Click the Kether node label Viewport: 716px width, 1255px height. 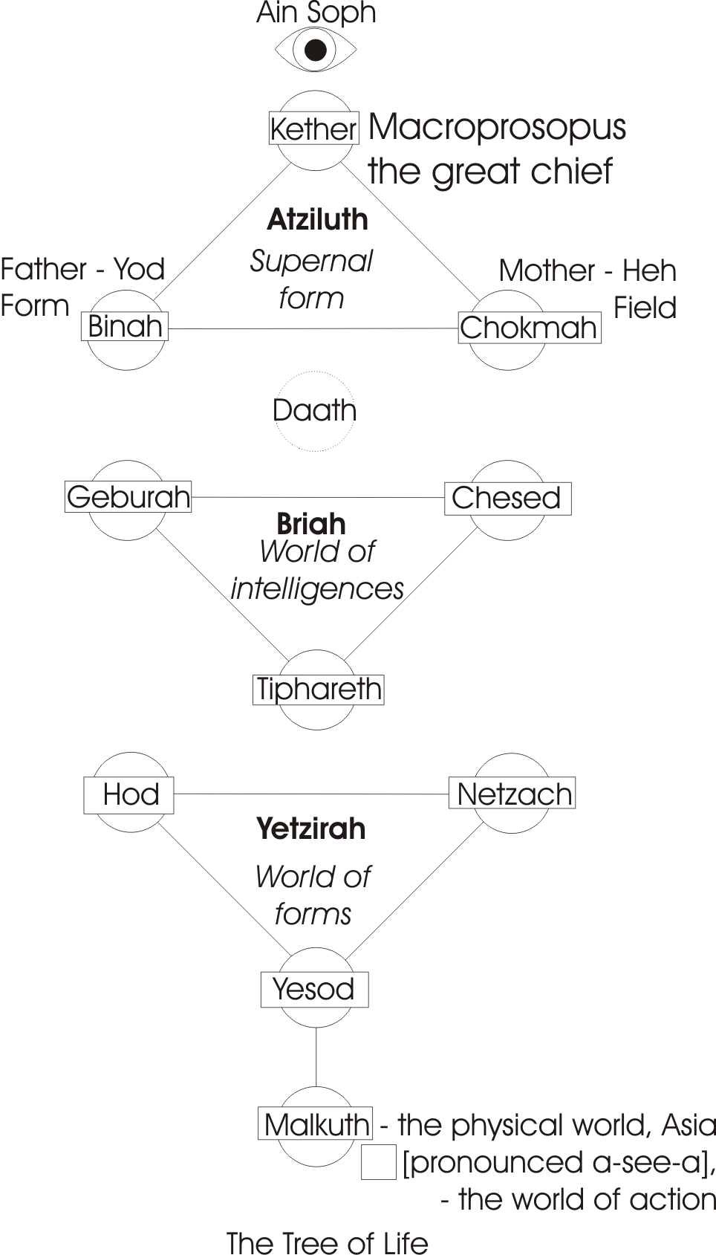[313, 129]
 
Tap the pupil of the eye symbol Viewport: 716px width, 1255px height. [316, 50]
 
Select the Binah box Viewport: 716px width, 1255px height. [125, 326]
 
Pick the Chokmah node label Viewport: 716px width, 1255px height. [529, 328]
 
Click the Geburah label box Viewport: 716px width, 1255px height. [128, 497]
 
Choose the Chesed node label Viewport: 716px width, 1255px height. [507, 498]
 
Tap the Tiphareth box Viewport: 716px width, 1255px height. [319, 690]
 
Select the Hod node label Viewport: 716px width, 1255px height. [129, 794]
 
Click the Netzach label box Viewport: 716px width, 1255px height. [512, 794]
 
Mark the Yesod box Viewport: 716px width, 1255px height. [314, 989]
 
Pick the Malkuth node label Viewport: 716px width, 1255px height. [316, 1124]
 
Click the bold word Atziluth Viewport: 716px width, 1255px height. [317, 219]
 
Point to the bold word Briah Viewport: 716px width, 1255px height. [311, 524]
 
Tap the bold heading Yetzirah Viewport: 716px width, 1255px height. [311, 828]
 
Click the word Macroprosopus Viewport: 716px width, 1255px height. [497, 127]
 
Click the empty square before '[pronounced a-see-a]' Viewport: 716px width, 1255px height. [378, 1163]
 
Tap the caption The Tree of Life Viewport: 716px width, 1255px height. [328, 1243]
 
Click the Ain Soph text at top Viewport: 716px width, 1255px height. [316, 13]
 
